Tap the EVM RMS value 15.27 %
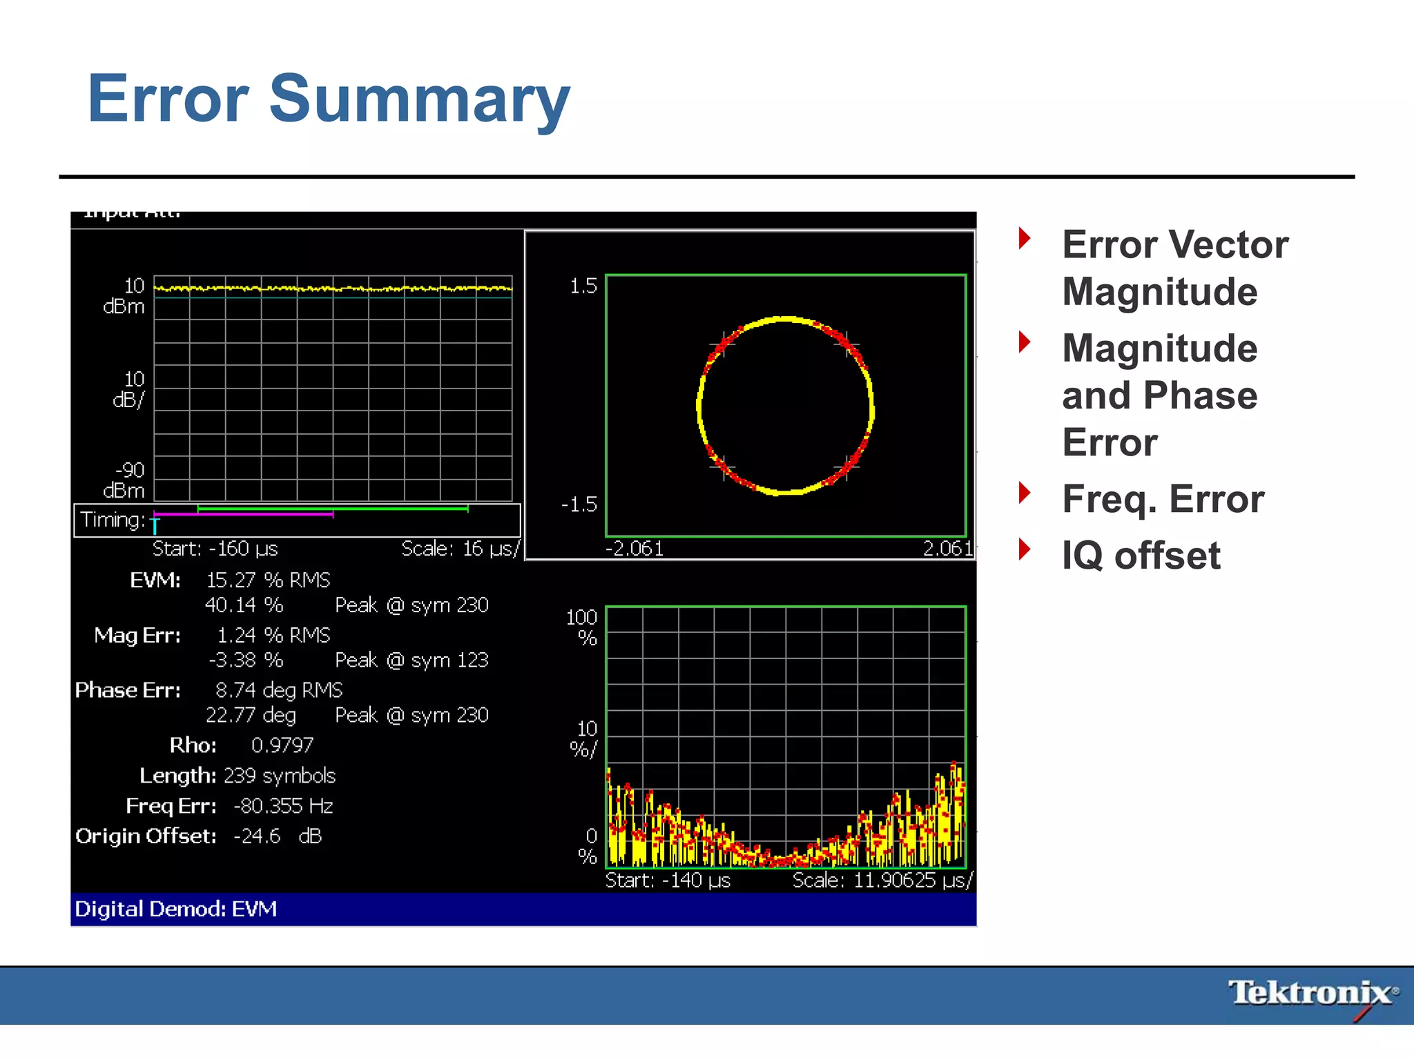coord(268,580)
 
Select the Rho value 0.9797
coord(282,745)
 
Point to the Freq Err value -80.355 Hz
coord(283,806)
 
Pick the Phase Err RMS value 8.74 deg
coord(278,690)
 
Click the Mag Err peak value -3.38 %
coord(246,660)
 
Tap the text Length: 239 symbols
coord(238,776)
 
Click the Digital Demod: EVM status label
coord(176,909)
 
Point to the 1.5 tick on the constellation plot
coord(583,286)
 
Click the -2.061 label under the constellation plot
coord(634,549)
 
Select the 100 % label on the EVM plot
coord(581,627)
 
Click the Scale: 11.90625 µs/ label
coord(882,881)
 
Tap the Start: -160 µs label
coord(215,549)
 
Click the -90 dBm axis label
coord(125,480)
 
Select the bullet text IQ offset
coord(1141,556)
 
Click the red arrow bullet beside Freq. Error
coord(1025,493)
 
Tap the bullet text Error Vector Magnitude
coord(1174,268)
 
